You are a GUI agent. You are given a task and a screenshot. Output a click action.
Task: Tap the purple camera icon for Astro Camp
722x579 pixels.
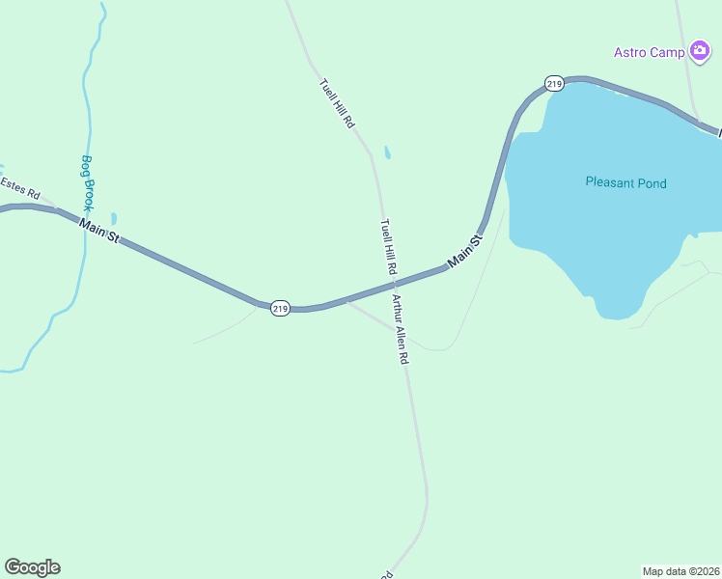click(x=700, y=51)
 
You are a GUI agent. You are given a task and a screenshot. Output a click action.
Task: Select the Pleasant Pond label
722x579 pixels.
click(x=625, y=182)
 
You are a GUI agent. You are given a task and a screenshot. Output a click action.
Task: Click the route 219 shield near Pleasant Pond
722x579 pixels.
click(x=553, y=85)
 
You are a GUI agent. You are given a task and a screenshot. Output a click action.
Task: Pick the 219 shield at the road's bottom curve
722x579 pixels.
click(x=280, y=308)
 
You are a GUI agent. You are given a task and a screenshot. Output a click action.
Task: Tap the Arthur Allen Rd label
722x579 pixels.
click(x=401, y=329)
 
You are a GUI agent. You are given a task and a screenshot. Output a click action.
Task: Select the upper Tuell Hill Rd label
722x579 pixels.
click(x=338, y=104)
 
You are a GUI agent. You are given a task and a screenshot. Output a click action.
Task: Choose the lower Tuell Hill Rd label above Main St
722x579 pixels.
click(x=388, y=248)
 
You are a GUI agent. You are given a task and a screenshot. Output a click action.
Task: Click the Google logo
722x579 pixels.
click(x=32, y=567)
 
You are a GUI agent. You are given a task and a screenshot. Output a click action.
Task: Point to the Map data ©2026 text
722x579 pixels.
click(x=680, y=570)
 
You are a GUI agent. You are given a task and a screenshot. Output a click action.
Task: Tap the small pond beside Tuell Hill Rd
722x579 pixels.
click(x=388, y=152)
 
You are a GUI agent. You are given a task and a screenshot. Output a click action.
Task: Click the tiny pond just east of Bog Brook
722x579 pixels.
click(x=114, y=219)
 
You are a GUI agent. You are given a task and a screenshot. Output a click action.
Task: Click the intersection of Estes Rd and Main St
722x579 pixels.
click(x=55, y=208)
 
